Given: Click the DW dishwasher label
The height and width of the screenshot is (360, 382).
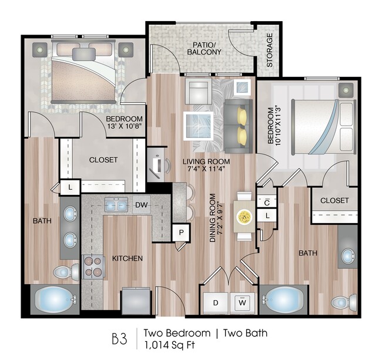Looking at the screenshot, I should [140, 205].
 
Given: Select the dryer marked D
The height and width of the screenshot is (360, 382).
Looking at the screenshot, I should [216, 303].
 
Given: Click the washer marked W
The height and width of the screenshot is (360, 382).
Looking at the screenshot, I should [242, 303].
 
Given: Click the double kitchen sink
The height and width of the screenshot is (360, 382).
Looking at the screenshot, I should [117, 205].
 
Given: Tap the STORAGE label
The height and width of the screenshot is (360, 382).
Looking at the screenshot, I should [270, 51].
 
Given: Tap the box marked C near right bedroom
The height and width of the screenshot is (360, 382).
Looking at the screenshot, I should [266, 202].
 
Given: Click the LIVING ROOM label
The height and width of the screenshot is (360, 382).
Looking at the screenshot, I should [205, 162].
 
